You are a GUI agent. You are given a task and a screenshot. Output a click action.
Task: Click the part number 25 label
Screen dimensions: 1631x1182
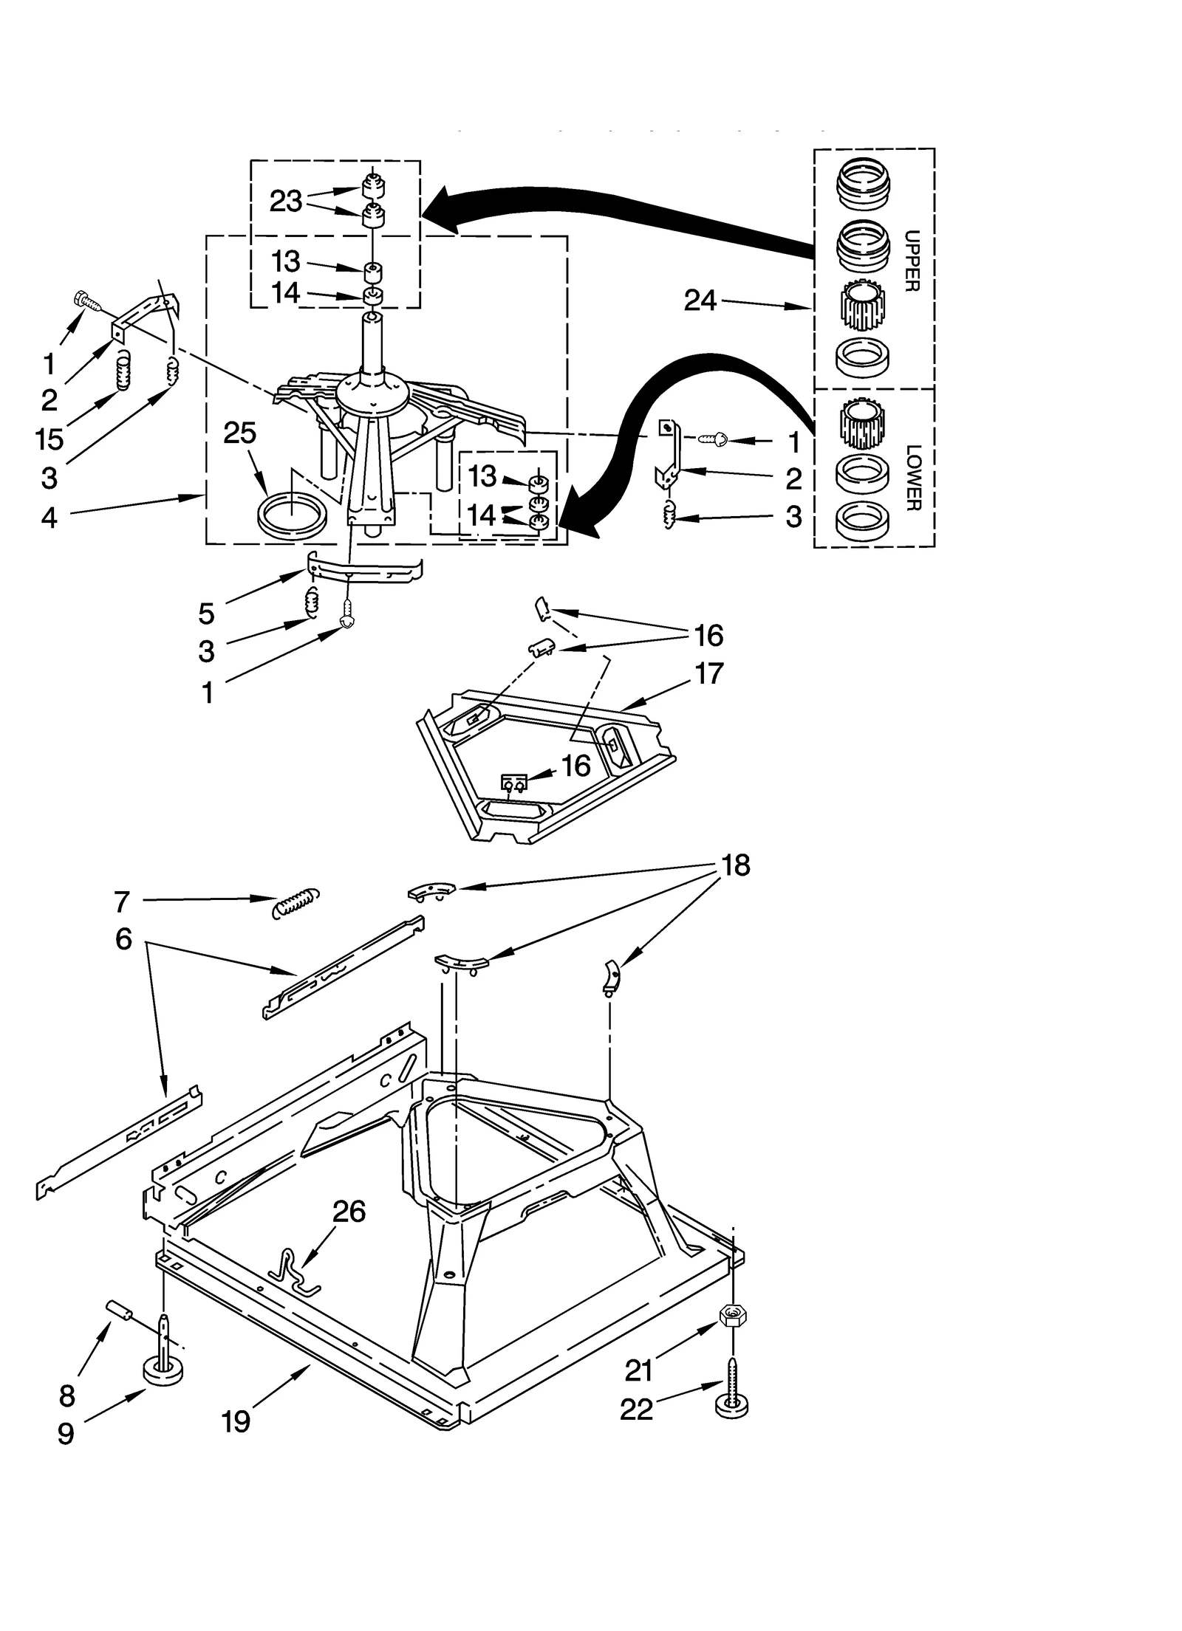240,433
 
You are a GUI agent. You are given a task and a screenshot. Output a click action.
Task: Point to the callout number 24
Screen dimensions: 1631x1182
700,301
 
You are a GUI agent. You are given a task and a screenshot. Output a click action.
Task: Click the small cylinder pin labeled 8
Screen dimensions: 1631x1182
120,1311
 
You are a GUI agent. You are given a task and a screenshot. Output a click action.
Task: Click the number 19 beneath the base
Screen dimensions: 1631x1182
236,1421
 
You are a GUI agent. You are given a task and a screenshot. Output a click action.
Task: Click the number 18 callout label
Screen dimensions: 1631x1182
736,865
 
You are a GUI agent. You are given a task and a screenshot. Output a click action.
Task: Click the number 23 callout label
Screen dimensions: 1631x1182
286,201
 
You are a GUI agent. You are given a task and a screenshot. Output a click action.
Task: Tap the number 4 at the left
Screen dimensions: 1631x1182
49,518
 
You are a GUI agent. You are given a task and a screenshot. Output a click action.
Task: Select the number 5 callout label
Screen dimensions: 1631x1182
206,613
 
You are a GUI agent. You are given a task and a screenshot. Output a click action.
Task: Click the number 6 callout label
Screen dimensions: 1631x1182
123,939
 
